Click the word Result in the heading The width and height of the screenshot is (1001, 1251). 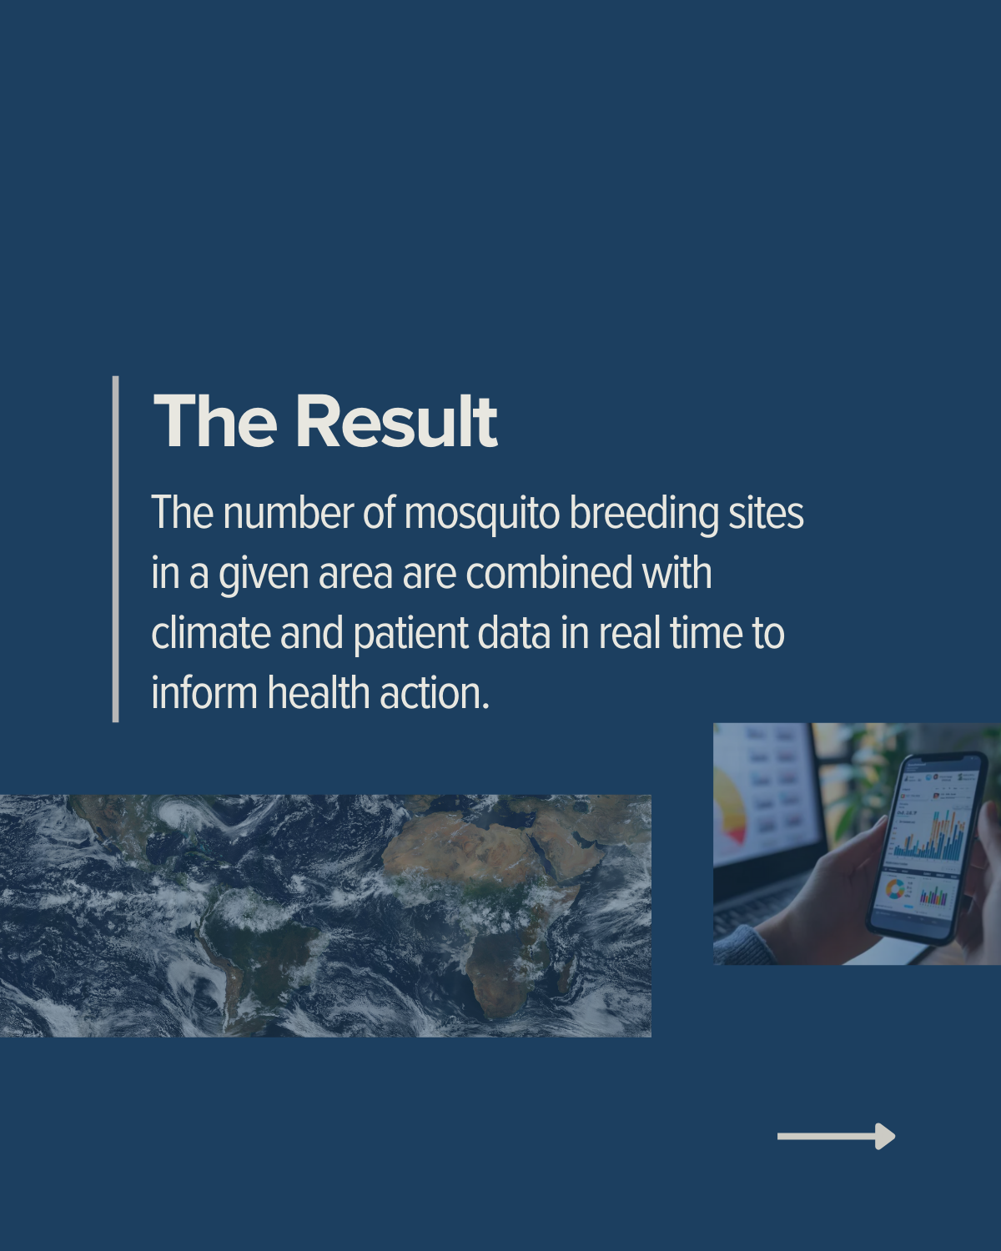[x=397, y=421]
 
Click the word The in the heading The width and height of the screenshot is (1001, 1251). [x=214, y=421]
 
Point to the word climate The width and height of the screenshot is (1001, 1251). [x=211, y=633]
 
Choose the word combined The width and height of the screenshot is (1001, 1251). [x=549, y=573]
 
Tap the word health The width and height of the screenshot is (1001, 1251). [x=319, y=693]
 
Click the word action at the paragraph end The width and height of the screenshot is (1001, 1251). [x=435, y=694]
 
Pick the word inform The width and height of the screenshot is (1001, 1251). [x=204, y=693]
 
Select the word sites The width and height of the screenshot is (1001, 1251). [x=766, y=514]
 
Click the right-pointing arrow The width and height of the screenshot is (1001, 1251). [x=836, y=1136]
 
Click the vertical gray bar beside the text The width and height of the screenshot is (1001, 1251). [x=115, y=549]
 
